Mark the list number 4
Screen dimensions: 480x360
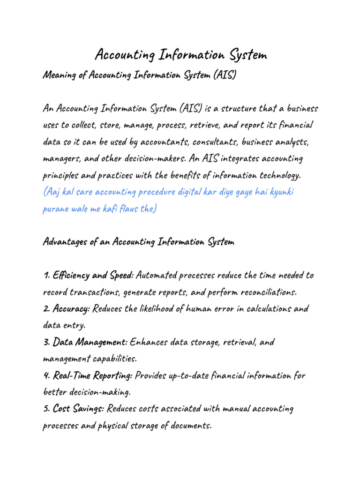[45, 376]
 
